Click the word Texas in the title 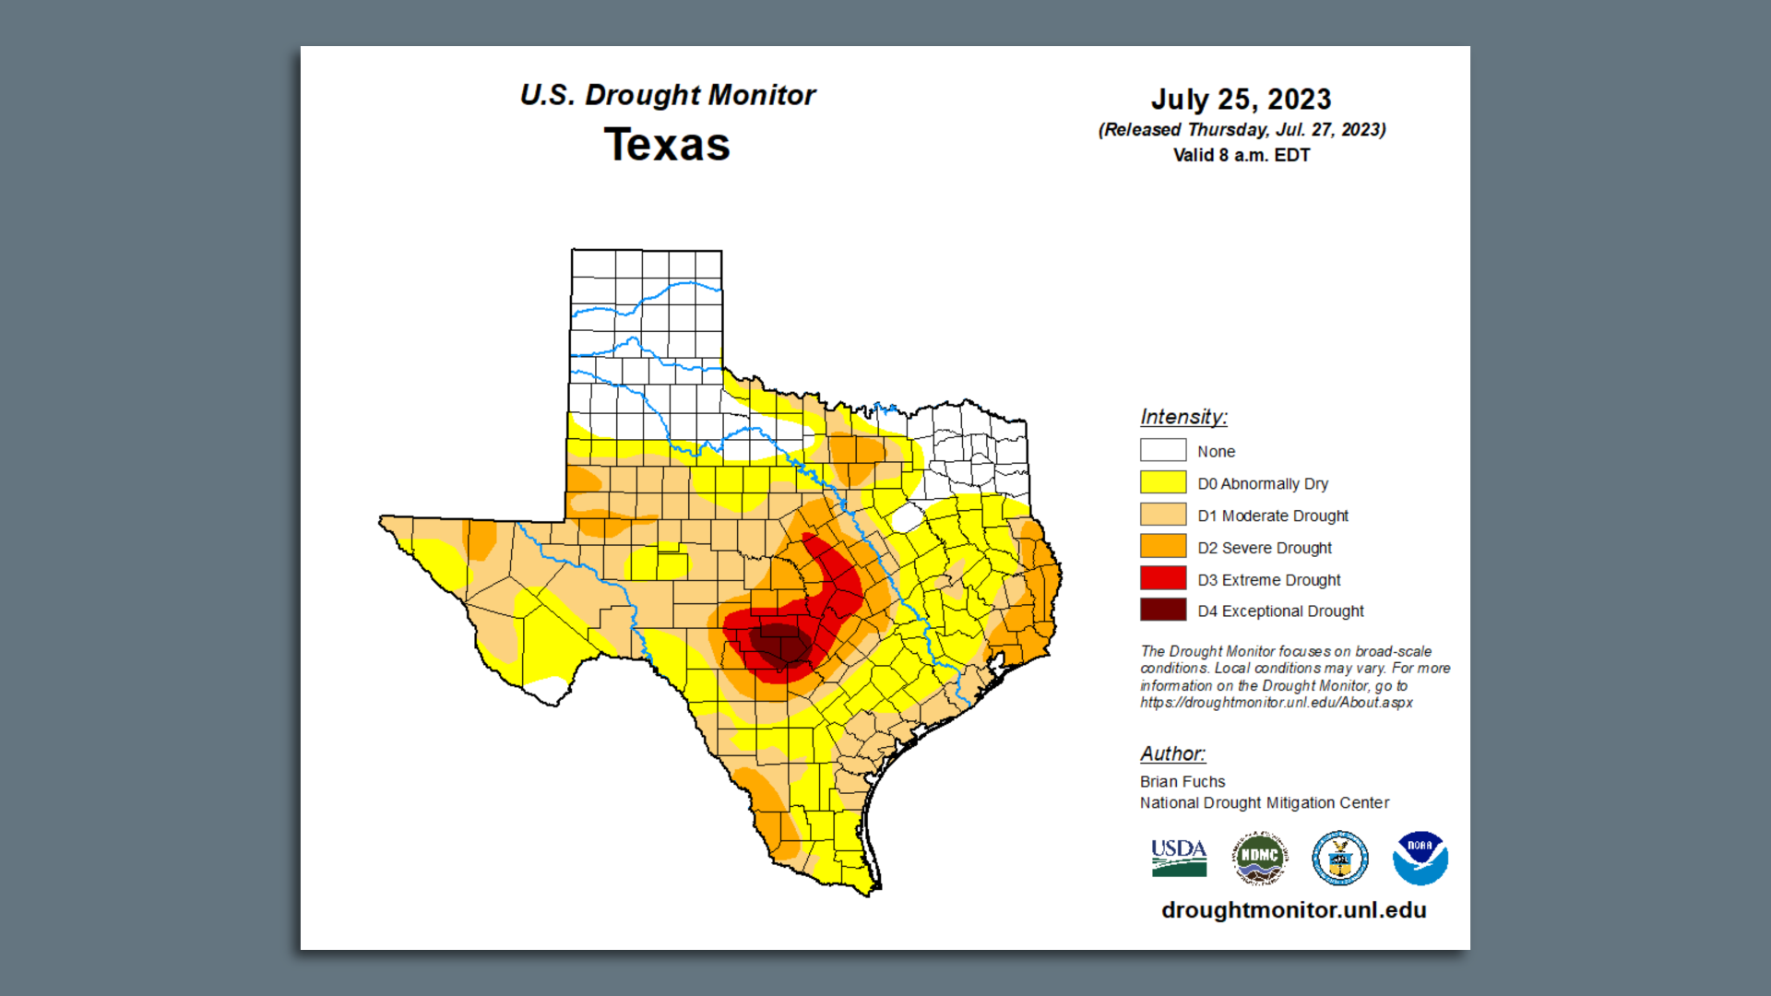tap(667, 145)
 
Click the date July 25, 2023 tap(1241, 99)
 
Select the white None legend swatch tap(1162, 450)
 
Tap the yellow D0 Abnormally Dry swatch tap(1162, 482)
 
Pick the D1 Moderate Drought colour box tap(1162, 515)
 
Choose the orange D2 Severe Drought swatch tap(1162, 546)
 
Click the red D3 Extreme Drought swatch tap(1162, 578)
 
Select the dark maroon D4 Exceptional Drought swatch tap(1162, 610)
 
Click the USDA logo tap(1178, 858)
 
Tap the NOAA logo tap(1420, 858)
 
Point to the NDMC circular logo tap(1259, 858)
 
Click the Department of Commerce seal tap(1339, 858)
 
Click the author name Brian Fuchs tap(1183, 781)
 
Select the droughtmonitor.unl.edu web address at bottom tap(1293, 910)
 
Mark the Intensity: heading tap(1183, 417)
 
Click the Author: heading tap(1172, 753)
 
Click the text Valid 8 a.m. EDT tap(1241, 155)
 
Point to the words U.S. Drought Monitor tap(667, 94)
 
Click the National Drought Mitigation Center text tap(1264, 802)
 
